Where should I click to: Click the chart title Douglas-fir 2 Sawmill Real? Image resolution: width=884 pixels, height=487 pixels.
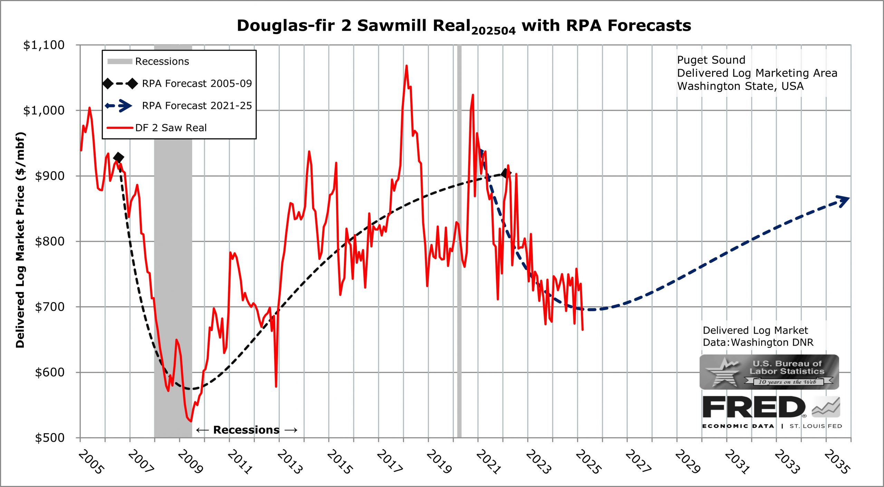tap(464, 26)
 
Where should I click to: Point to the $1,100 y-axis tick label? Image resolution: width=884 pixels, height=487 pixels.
tap(44, 45)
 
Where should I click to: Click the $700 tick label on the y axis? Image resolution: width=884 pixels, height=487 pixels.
tap(50, 307)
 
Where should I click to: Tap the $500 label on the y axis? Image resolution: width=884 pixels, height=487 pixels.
tap(50, 438)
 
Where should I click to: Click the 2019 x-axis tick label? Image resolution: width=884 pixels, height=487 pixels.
tap(439, 462)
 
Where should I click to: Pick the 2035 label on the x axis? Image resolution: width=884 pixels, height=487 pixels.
tap(837, 462)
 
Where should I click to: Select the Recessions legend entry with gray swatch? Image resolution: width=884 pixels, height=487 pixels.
tap(148, 61)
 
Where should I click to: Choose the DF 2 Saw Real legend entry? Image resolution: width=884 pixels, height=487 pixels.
tap(157, 128)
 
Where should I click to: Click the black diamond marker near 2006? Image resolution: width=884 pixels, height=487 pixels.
tap(118, 158)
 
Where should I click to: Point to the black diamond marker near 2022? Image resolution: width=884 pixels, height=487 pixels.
tap(506, 173)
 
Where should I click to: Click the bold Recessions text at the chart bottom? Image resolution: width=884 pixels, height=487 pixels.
tap(246, 430)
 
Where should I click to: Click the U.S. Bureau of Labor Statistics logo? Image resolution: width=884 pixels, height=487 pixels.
tap(769, 372)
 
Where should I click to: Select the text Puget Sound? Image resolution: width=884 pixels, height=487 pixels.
tap(711, 60)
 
